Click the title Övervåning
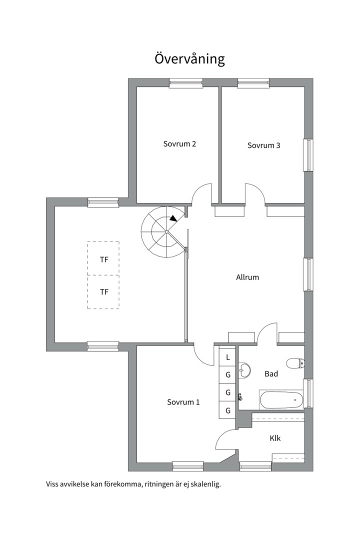[189, 58]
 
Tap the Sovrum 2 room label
[179, 144]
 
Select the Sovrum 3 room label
[263, 145]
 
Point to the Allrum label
[247, 277]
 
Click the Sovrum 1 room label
[183, 402]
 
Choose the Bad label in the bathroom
[271, 373]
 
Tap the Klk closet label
[275, 438]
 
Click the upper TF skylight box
[103, 258]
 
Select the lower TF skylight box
[103, 291]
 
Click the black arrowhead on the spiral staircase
[173, 217]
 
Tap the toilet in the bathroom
[295, 363]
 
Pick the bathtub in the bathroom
[281, 400]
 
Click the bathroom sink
[244, 370]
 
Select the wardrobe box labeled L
[227, 357]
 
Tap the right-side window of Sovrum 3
[308, 155]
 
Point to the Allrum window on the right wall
[308, 274]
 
